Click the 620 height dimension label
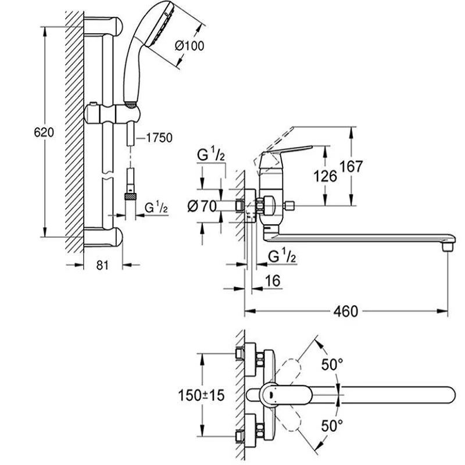[x=44, y=133]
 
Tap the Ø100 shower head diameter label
[x=189, y=46]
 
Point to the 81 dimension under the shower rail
[x=102, y=265]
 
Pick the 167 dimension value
[x=350, y=167]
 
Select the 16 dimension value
[x=273, y=281]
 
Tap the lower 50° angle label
[x=332, y=427]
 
